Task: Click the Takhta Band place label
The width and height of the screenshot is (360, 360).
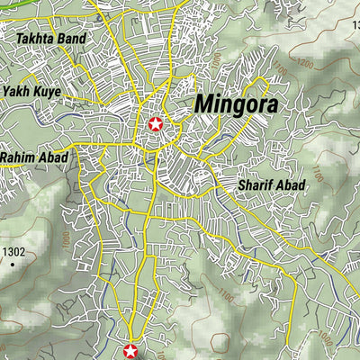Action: point(51,40)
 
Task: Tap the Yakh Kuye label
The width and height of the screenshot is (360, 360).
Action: point(32,92)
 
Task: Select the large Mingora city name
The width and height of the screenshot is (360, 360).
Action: point(236,104)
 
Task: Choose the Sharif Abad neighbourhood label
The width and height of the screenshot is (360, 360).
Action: point(272,184)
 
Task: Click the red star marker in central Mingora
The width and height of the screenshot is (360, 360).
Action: point(155,124)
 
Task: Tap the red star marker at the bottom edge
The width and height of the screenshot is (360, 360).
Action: point(130,351)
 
